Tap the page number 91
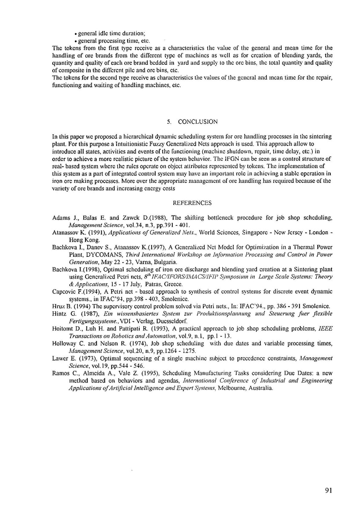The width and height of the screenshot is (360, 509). click(328, 490)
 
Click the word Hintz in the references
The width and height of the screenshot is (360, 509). click(59, 314)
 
